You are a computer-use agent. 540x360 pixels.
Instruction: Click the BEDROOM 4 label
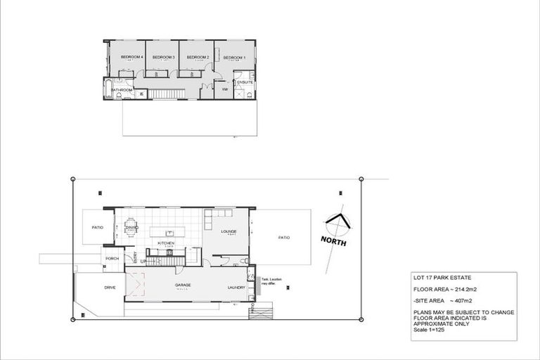click(x=131, y=57)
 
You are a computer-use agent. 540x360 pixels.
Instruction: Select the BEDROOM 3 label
click(x=163, y=57)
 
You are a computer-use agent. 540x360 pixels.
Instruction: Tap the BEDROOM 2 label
click(x=198, y=57)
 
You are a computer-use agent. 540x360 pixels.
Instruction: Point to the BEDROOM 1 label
click(x=234, y=57)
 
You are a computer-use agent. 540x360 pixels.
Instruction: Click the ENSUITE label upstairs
click(x=245, y=82)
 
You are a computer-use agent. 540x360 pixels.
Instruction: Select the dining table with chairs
click(x=132, y=228)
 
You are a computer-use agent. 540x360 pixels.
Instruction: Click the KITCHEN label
click(x=166, y=243)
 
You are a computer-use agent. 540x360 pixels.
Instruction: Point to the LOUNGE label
click(x=228, y=231)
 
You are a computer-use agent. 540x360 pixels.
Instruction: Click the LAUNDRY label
click(x=236, y=288)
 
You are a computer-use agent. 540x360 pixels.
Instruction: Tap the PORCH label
click(x=112, y=258)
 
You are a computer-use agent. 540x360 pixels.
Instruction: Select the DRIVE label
click(x=110, y=288)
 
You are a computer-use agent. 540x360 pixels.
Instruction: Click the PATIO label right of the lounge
click(x=283, y=237)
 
